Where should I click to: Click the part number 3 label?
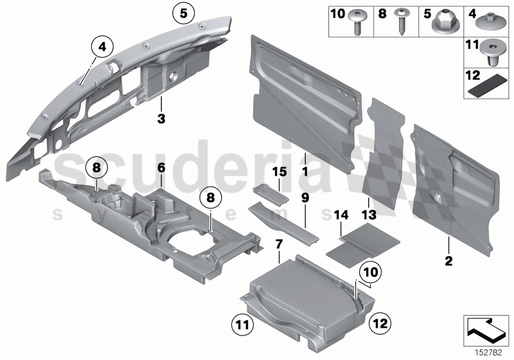pos(162,118)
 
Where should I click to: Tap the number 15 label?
pos(278,173)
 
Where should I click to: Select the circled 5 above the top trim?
pos(183,12)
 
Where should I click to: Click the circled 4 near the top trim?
pos(102,46)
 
